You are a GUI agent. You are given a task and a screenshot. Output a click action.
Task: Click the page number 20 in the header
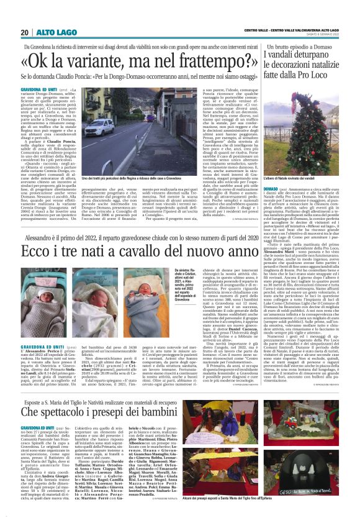click(x=24, y=32)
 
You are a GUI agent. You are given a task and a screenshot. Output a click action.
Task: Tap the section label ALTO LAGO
click(x=48, y=32)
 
